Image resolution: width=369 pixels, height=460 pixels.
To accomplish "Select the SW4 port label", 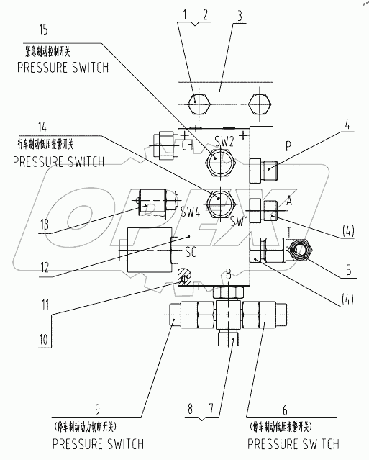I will tap(188, 212).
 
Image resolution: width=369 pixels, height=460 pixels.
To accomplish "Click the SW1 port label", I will tap(239, 221).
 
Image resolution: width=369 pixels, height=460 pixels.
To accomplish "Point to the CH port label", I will tap(167, 145).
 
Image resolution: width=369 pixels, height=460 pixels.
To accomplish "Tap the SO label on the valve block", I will tap(191, 253).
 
